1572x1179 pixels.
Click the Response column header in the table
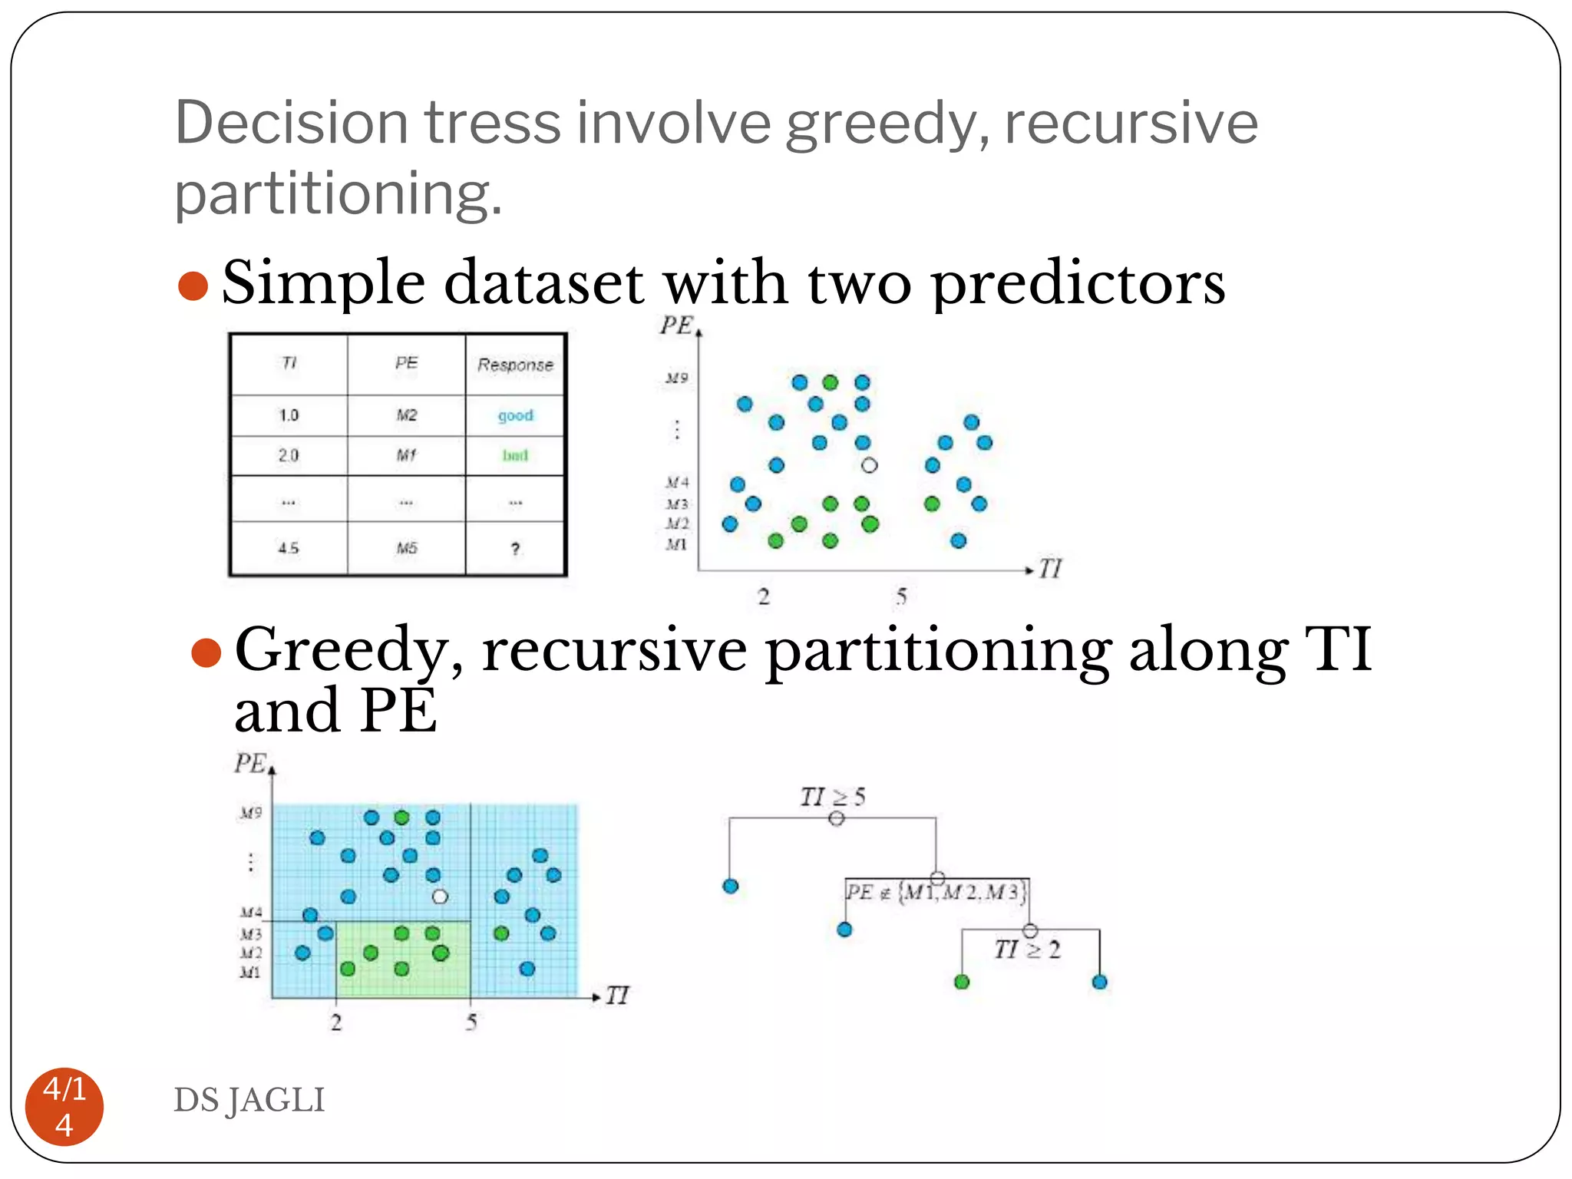click(x=515, y=365)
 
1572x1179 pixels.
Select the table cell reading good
click(x=515, y=415)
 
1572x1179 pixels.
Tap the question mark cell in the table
click(x=515, y=548)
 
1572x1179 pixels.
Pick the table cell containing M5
click(x=406, y=548)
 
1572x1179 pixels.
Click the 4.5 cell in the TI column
click(x=288, y=548)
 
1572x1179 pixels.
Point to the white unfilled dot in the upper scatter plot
click(x=869, y=465)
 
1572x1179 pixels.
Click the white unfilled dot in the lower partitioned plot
click(x=440, y=897)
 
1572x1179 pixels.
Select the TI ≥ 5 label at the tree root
click(x=832, y=797)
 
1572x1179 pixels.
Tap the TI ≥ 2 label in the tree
click(x=1027, y=950)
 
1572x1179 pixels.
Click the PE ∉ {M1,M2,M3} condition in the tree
click(x=936, y=893)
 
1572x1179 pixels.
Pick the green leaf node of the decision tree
click(x=962, y=982)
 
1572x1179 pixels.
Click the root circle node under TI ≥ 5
click(x=837, y=818)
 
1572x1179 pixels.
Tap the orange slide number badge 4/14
click(x=64, y=1106)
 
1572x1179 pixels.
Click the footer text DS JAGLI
click(x=249, y=1100)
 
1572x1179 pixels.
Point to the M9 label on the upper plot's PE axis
click(x=676, y=378)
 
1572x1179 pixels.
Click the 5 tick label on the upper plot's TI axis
click(x=901, y=596)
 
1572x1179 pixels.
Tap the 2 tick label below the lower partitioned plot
click(x=336, y=1022)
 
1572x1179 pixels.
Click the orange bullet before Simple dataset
click(x=193, y=286)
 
